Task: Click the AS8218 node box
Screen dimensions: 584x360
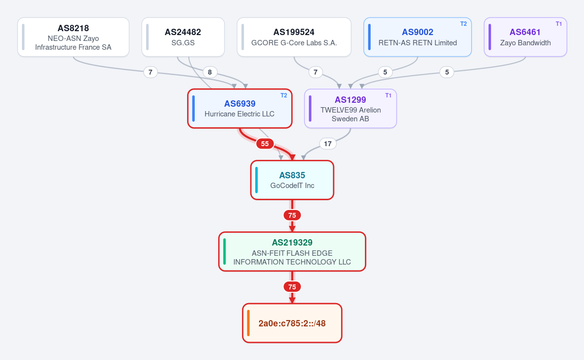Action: click(74, 37)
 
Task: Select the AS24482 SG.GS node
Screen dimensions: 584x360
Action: click(183, 37)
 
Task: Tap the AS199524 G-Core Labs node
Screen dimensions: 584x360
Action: click(294, 37)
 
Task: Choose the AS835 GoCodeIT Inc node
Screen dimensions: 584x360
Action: click(292, 180)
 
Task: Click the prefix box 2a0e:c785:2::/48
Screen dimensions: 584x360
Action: click(292, 323)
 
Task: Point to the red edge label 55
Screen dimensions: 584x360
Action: click(265, 144)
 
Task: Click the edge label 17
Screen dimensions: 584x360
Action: click(328, 144)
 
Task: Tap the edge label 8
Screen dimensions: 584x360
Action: click(210, 72)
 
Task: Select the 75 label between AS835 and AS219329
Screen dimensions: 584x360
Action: click(292, 215)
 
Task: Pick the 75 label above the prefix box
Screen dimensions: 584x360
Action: click(292, 286)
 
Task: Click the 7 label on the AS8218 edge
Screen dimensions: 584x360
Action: click(151, 72)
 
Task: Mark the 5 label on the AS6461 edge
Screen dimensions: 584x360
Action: click(447, 72)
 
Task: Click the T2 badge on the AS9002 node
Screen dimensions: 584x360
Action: click(463, 24)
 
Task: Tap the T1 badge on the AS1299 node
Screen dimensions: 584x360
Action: click(388, 95)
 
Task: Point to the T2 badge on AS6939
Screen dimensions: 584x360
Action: click(284, 95)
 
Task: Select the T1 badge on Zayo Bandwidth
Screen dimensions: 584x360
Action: click(559, 24)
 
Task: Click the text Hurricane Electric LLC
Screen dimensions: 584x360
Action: click(240, 114)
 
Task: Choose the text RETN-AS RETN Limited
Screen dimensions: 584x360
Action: click(417, 43)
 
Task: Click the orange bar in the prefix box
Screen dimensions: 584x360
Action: click(248, 323)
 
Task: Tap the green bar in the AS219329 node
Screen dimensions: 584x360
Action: click(224, 251)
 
